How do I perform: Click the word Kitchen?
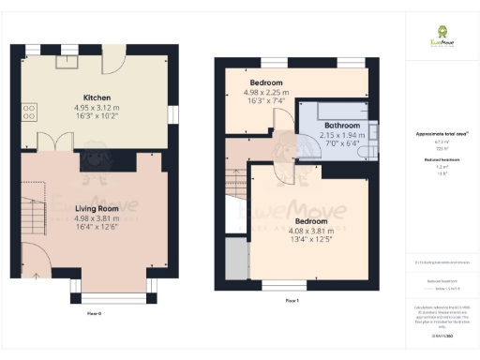[x=98, y=97]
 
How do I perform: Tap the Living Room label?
[x=98, y=209]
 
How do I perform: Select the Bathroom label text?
[x=341, y=126]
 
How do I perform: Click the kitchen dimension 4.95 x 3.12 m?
[x=98, y=108]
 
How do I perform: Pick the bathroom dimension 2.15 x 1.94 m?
[x=341, y=136]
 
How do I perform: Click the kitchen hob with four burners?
[x=28, y=112]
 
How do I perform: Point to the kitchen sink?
[x=68, y=61]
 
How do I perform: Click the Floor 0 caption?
[x=94, y=312]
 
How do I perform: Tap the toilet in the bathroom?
[x=371, y=149]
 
